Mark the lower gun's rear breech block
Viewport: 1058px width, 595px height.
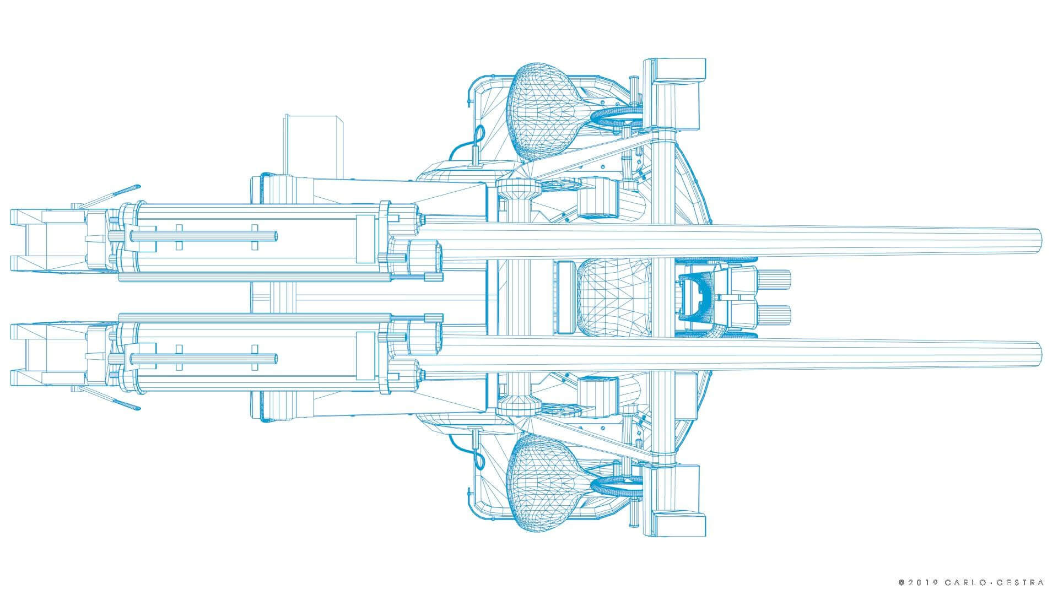point(47,355)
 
